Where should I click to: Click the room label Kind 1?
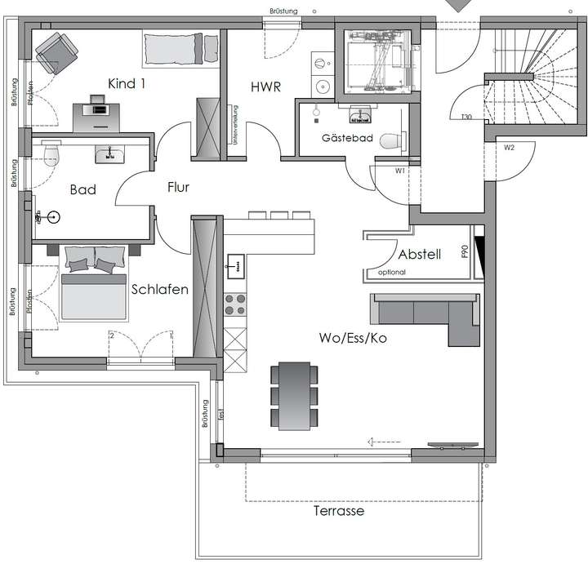pyautogui.click(x=130, y=83)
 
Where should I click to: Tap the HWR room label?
pyautogui.click(x=266, y=84)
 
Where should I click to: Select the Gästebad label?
pyautogui.click(x=347, y=139)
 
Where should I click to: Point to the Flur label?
pyautogui.click(x=177, y=188)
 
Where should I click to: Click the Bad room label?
pyautogui.click(x=82, y=190)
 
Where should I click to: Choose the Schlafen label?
pyautogui.click(x=160, y=290)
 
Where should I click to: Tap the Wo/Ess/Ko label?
pyautogui.click(x=353, y=337)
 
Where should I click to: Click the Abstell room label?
pyautogui.click(x=419, y=254)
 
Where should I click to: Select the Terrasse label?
pyautogui.click(x=338, y=512)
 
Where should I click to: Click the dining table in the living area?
pyautogui.click(x=296, y=396)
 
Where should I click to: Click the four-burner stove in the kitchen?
pyautogui.click(x=235, y=304)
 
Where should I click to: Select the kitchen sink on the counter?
pyautogui.click(x=235, y=264)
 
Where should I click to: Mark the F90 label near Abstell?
pyautogui.click(x=465, y=254)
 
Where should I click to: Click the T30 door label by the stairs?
pyautogui.click(x=466, y=118)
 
